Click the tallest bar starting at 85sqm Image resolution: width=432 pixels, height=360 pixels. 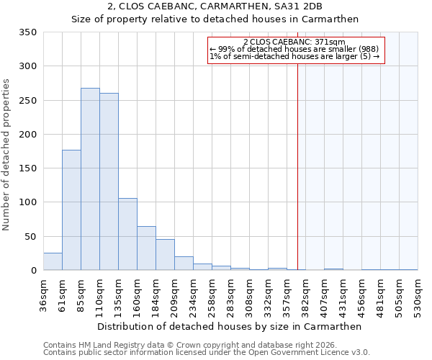pos(90,179)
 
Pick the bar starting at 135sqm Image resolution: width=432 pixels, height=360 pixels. pos(127,234)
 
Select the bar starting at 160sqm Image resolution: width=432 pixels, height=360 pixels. pos(146,248)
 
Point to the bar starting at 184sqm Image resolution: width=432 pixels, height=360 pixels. pos(165,255)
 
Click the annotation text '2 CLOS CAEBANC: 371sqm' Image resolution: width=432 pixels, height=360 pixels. pos(294,42)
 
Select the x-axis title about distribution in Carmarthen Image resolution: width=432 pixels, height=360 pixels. pos(229,326)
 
